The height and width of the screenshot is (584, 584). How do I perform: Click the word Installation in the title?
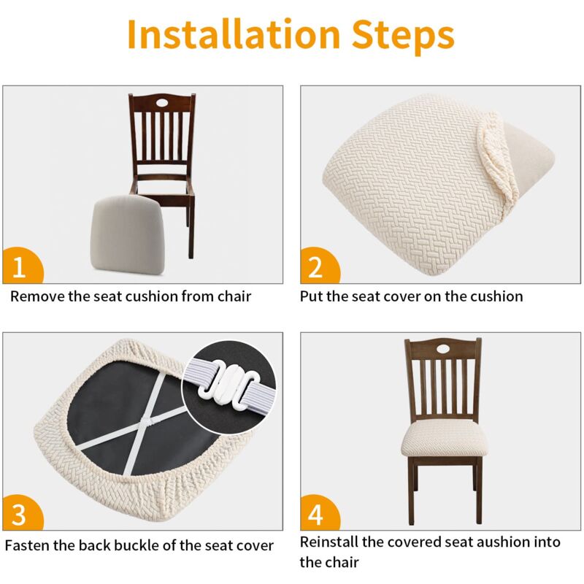(x=234, y=34)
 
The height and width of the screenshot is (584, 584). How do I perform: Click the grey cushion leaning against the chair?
(x=127, y=234)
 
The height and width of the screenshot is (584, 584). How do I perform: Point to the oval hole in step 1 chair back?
(x=162, y=102)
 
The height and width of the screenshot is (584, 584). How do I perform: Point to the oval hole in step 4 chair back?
(x=443, y=349)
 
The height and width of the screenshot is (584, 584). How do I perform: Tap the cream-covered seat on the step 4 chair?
(x=444, y=439)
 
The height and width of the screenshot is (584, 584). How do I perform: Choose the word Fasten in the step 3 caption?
(x=27, y=545)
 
